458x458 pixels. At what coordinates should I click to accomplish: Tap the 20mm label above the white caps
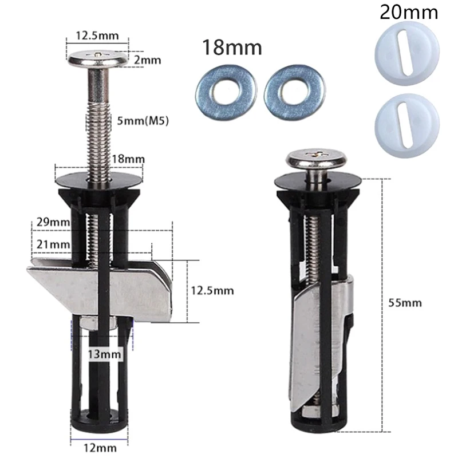[408, 12]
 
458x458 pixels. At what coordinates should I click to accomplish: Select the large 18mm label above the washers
[231, 48]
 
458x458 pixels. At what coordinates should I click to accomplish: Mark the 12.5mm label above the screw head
[97, 35]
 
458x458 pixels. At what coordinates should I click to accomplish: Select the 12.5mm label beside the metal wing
[212, 290]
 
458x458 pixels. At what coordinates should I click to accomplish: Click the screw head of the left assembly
[98, 58]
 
